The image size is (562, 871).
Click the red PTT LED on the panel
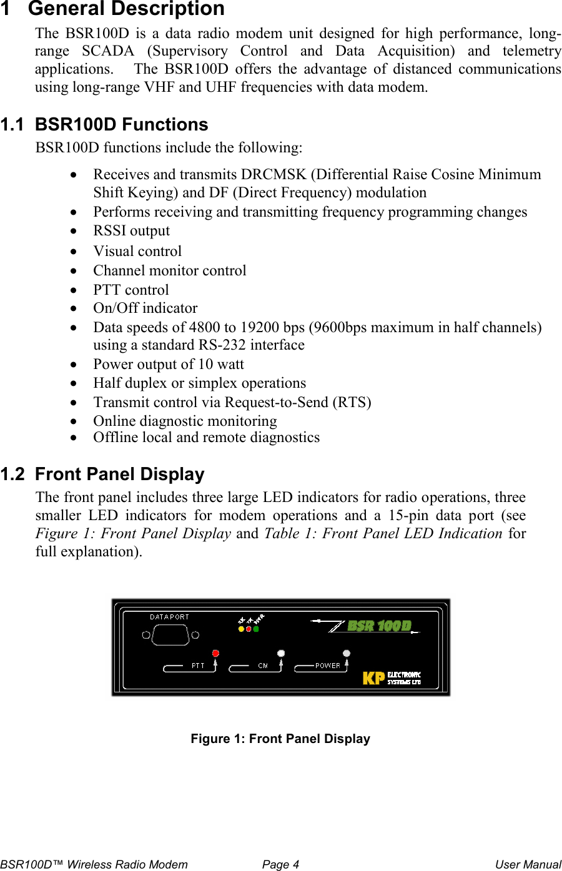pos(216,653)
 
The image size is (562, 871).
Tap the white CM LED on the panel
pos(281,653)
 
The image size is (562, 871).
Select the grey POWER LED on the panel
pos(347,654)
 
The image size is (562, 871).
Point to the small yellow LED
pos(242,629)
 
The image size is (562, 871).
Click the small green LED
pos(256,629)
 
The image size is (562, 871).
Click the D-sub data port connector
pos(169,636)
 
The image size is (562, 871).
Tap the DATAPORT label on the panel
pos(169,617)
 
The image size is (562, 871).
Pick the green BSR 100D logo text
pos(378,626)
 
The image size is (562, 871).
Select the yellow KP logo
pos(373,677)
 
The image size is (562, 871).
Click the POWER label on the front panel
pos(328,666)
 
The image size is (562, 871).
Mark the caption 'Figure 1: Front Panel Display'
pos(280,739)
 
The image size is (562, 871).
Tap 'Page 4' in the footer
pos(280,865)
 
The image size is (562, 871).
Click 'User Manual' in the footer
pos(528,865)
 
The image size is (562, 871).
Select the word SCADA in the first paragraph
pos(108,51)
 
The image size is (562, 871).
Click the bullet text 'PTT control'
pos(131,290)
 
